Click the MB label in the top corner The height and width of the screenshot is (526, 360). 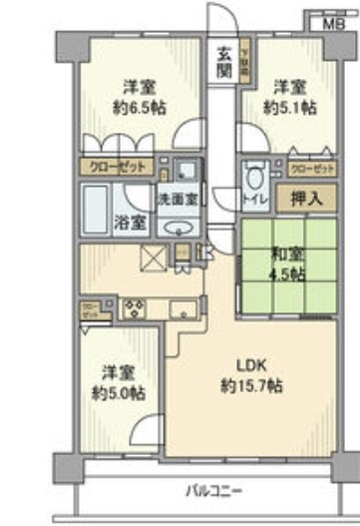pos(330,21)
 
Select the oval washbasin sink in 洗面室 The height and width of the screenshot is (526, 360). pos(183,225)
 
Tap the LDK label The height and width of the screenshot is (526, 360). pos(249,363)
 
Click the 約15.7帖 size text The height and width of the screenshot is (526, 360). pos(248,383)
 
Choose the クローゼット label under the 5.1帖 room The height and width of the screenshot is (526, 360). pos(308,168)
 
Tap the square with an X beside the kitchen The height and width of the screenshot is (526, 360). pos(156,259)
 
